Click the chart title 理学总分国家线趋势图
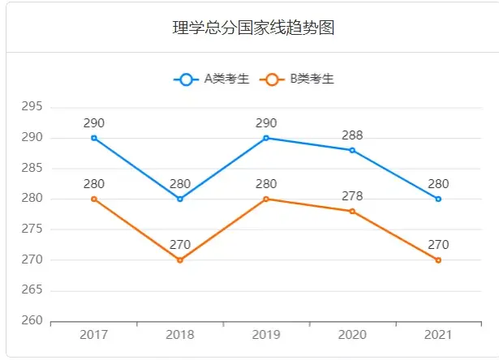254,28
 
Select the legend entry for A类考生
211,79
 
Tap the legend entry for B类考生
297,79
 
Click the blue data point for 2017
94,138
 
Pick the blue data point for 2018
180,199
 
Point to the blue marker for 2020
352,150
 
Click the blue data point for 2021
438,199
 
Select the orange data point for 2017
94,199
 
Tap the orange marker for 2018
180,259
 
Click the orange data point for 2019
266,199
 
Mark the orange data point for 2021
438,259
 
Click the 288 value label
352,135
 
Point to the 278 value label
352,196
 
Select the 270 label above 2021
438,245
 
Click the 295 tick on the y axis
32,107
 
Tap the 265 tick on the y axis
32,290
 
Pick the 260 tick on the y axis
32,321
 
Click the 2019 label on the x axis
266,335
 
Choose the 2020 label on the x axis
352,335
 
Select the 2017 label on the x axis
94,335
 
